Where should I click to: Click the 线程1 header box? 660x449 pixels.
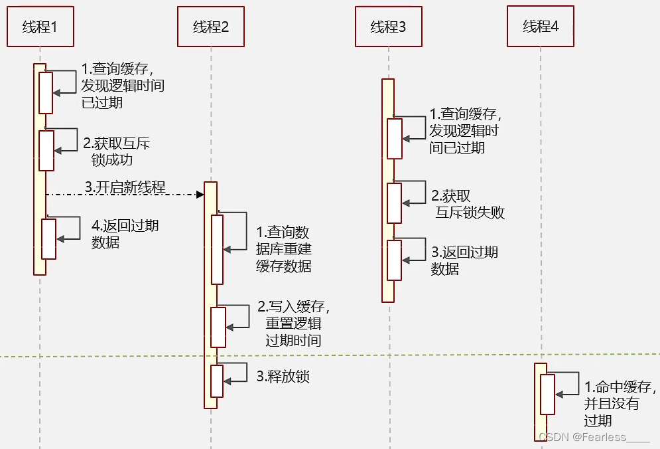click(40, 27)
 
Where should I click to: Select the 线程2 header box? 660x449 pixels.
click(211, 27)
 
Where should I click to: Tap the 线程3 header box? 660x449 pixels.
click(388, 27)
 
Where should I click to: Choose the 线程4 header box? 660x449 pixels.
click(540, 27)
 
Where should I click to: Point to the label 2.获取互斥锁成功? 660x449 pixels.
click(116, 151)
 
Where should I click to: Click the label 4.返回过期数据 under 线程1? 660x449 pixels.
click(125, 234)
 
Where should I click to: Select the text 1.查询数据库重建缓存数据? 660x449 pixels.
click(284, 250)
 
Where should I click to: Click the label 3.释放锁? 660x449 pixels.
click(283, 377)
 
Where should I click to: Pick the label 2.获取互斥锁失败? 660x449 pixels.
click(468, 204)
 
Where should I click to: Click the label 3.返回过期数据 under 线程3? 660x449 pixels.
click(464, 260)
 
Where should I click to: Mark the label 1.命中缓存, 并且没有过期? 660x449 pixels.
click(620, 404)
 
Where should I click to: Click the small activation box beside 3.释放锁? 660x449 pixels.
click(217, 381)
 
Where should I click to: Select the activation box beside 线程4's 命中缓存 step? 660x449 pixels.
click(547, 395)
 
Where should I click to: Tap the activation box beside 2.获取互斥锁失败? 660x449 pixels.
click(395, 203)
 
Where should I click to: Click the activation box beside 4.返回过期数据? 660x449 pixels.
click(49, 239)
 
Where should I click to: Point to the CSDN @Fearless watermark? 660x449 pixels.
click(593, 437)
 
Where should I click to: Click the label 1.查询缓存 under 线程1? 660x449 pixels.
click(123, 85)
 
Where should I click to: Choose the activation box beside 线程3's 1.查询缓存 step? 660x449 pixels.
click(395, 139)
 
